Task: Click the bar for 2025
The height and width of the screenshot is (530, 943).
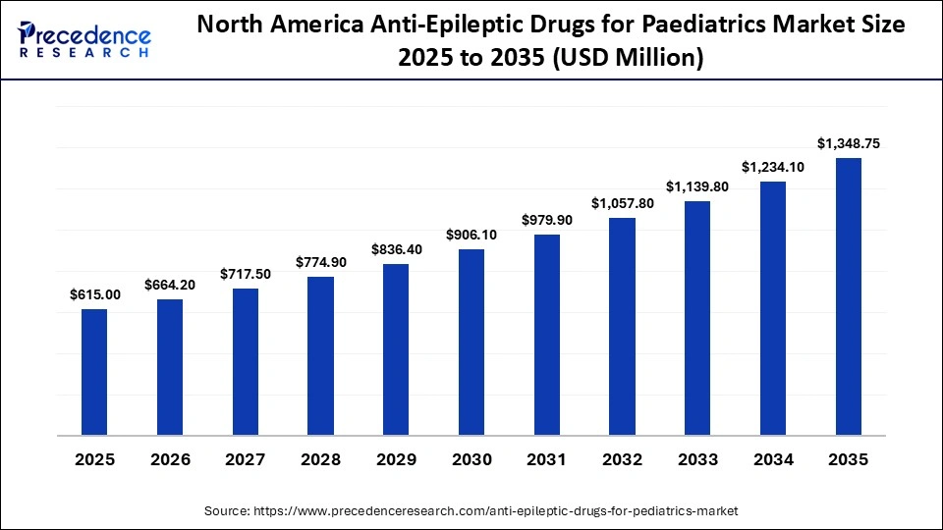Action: pyautogui.click(x=94, y=371)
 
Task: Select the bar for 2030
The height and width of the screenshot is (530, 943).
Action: pyautogui.click(x=471, y=341)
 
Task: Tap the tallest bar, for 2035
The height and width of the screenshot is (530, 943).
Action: pyautogui.click(x=849, y=295)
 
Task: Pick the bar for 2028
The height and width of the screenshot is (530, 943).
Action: pyautogui.click(x=320, y=354)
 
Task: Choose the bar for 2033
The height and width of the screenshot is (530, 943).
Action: pyautogui.click(x=697, y=317)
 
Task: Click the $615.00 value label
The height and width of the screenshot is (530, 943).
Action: pyautogui.click(x=94, y=294)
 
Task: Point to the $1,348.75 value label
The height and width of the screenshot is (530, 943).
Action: pyautogui.click(x=849, y=143)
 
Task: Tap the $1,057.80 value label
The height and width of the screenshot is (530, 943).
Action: pyautogui.click(x=623, y=203)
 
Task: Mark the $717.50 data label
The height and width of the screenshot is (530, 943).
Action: pyautogui.click(x=245, y=273)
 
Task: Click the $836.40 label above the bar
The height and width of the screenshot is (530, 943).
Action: pyautogui.click(x=396, y=249)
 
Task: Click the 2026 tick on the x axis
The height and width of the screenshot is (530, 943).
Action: pyautogui.click(x=170, y=459)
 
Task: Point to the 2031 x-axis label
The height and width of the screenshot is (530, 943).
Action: pyautogui.click(x=547, y=459)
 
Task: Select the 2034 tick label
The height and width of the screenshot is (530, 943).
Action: pyautogui.click(x=773, y=459)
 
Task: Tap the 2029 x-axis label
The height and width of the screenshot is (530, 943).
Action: pyautogui.click(x=396, y=459)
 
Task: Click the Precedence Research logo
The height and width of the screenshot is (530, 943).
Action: pyautogui.click(x=84, y=40)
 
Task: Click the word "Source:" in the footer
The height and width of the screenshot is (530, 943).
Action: pyautogui.click(x=228, y=511)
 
